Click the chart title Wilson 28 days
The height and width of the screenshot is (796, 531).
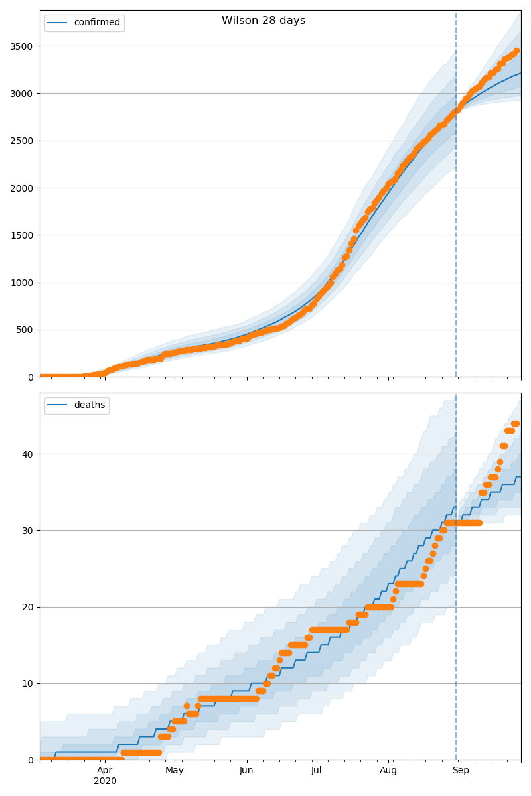pos(264,21)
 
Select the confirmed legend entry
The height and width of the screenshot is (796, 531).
pos(97,23)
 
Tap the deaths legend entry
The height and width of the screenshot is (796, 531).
pos(89,405)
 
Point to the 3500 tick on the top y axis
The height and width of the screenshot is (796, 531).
pos(23,46)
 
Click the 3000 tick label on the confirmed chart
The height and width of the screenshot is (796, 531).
pos(23,94)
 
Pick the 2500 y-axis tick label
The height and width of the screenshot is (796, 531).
pos(23,141)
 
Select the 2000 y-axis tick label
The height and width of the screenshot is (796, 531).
pos(23,188)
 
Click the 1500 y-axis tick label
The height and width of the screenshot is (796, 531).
pos(23,235)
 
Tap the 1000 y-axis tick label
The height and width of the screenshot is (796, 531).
pos(23,283)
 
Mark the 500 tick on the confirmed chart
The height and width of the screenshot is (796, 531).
pos(26,330)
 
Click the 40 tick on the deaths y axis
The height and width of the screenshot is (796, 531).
pos(29,454)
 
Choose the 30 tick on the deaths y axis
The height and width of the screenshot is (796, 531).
pos(29,531)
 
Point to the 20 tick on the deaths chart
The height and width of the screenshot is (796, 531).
pos(29,607)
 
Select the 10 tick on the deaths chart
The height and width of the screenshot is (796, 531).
pos(29,684)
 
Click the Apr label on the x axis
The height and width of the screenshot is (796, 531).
pos(105,771)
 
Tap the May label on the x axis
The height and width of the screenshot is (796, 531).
pos(175,771)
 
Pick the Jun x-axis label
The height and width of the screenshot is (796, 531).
pos(246,771)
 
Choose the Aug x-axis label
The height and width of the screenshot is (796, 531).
pos(388,771)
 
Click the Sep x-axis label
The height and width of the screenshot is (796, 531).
pos(461,771)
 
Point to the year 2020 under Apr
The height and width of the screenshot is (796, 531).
pos(105,781)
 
